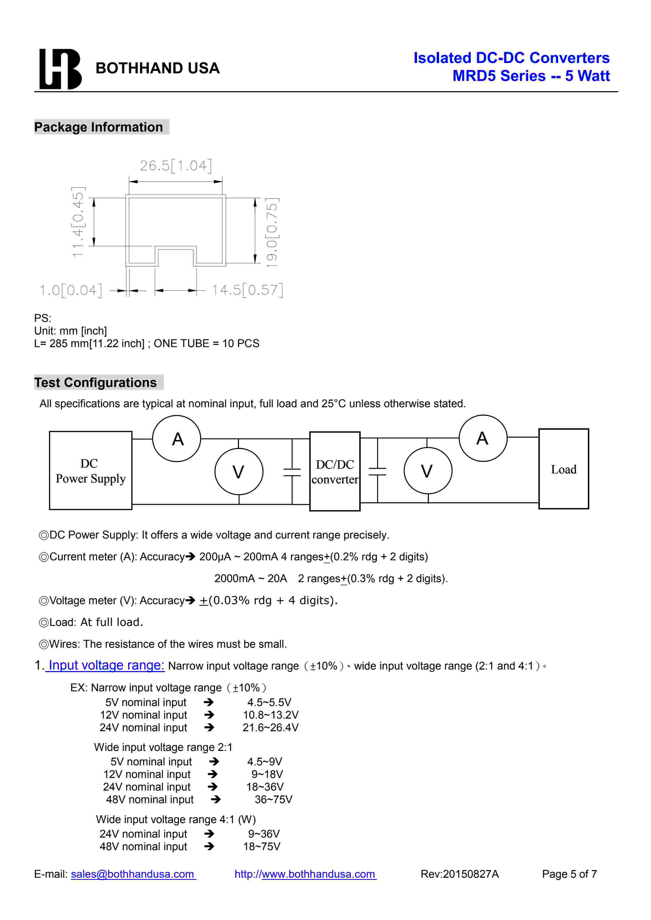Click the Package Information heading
click(99, 127)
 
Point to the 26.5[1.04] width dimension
click(176, 165)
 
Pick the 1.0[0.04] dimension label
click(71, 290)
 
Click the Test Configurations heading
click(95, 383)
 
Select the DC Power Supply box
click(91, 471)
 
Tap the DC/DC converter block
click(335, 471)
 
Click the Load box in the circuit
click(563, 469)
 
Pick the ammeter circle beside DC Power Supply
click(177, 439)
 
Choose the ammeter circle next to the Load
click(483, 438)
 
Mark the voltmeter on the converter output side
click(428, 471)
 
